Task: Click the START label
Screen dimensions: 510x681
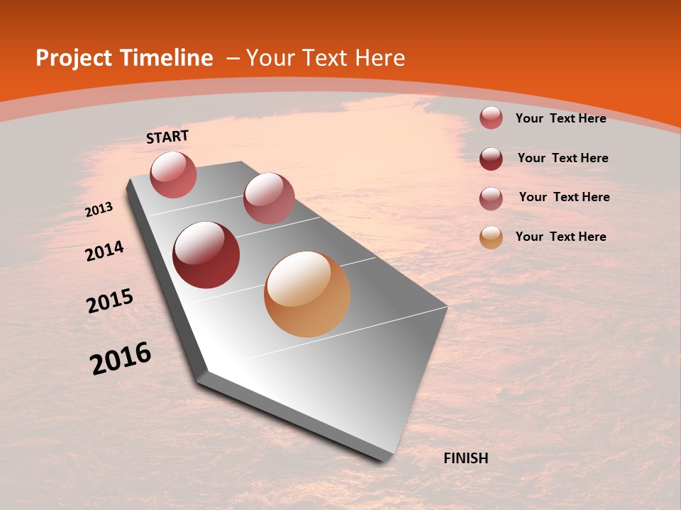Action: click(x=167, y=137)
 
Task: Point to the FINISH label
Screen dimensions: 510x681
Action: click(x=466, y=458)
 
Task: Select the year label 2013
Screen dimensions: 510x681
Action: click(x=99, y=210)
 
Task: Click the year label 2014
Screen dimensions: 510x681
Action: click(x=104, y=251)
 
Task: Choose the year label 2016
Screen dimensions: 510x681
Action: click(x=121, y=358)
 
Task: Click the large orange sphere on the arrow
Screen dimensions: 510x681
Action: click(x=307, y=294)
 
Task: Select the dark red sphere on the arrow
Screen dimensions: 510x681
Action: click(x=206, y=255)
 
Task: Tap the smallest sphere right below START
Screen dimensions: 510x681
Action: click(x=173, y=174)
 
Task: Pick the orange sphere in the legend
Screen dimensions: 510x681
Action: click(x=491, y=238)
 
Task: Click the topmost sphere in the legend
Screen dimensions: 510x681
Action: click(x=491, y=118)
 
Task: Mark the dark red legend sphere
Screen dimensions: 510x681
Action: click(x=491, y=159)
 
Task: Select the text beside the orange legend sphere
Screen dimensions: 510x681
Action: click(x=560, y=237)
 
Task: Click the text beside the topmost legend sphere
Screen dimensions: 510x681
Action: click(x=560, y=118)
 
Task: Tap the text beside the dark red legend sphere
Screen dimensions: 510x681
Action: click(x=563, y=158)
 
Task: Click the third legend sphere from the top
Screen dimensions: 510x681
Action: click(x=491, y=198)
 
